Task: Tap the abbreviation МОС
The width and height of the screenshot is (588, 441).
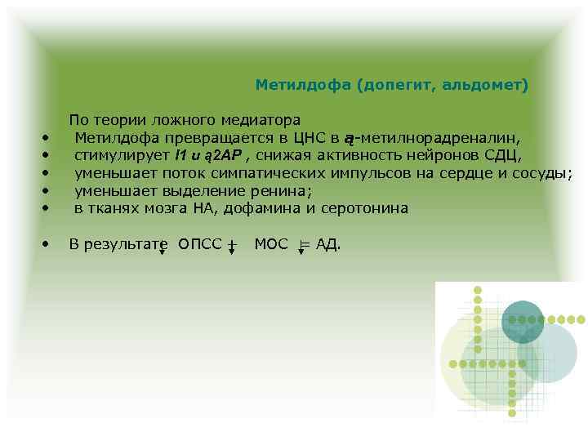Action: pos(271,244)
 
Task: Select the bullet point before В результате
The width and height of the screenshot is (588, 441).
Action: pos(47,244)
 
